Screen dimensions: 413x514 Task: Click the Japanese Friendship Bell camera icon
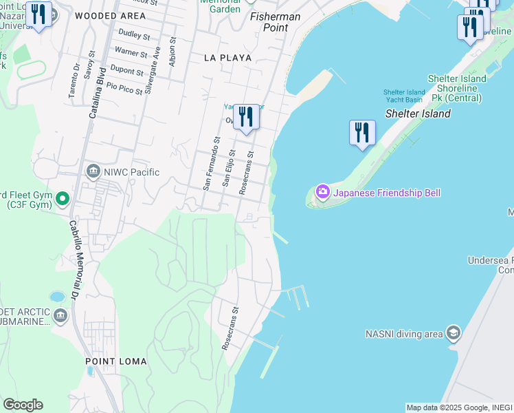pos(322,193)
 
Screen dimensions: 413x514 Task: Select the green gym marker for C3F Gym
pos(62,199)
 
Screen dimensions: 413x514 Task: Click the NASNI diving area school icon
pos(453,334)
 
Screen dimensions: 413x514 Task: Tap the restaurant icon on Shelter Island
pos(362,131)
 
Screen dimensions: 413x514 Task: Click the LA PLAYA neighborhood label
pos(227,58)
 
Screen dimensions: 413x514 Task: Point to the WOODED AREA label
pos(110,15)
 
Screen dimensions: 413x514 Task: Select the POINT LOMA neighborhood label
pos(116,361)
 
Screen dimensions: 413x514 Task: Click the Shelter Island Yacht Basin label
pos(404,96)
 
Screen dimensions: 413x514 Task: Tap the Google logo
pos(23,405)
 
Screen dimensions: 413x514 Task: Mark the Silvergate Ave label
pos(157,61)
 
